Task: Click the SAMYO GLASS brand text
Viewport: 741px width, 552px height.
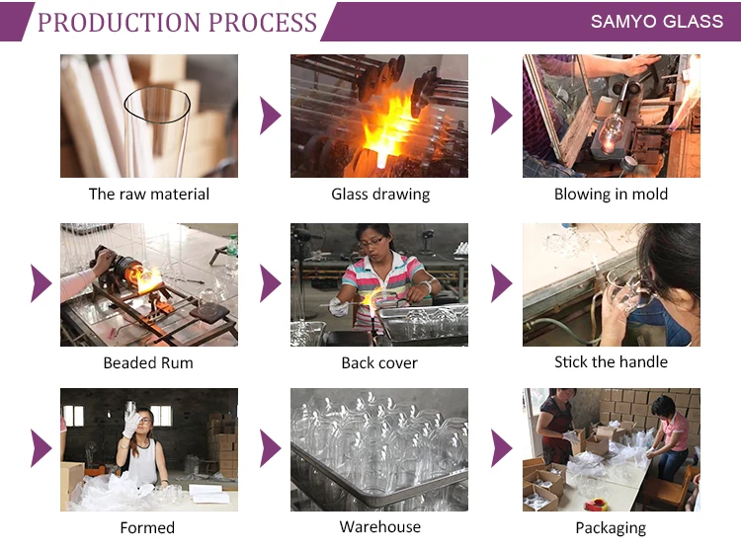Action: click(656, 21)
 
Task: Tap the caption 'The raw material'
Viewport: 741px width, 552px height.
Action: click(149, 195)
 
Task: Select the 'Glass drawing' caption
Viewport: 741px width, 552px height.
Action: click(380, 195)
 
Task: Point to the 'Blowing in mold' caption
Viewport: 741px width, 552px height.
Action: click(611, 195)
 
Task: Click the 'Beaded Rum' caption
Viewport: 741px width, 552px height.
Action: click(148, 362)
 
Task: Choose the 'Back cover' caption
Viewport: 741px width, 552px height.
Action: click(379, 362)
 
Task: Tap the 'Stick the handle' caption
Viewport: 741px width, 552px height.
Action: click(611, 361)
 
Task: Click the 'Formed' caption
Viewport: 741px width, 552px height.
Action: click(147, 527)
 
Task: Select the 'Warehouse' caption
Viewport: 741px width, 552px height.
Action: click(380, 526)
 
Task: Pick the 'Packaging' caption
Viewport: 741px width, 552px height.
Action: click(611, 528)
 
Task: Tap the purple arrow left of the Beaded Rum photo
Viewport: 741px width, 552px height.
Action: click(41, 283)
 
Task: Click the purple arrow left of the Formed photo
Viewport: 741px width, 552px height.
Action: click(41, 448)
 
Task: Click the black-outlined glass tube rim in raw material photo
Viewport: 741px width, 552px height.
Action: click(157, 102)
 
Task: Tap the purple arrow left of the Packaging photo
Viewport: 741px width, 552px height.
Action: click(501, 448)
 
